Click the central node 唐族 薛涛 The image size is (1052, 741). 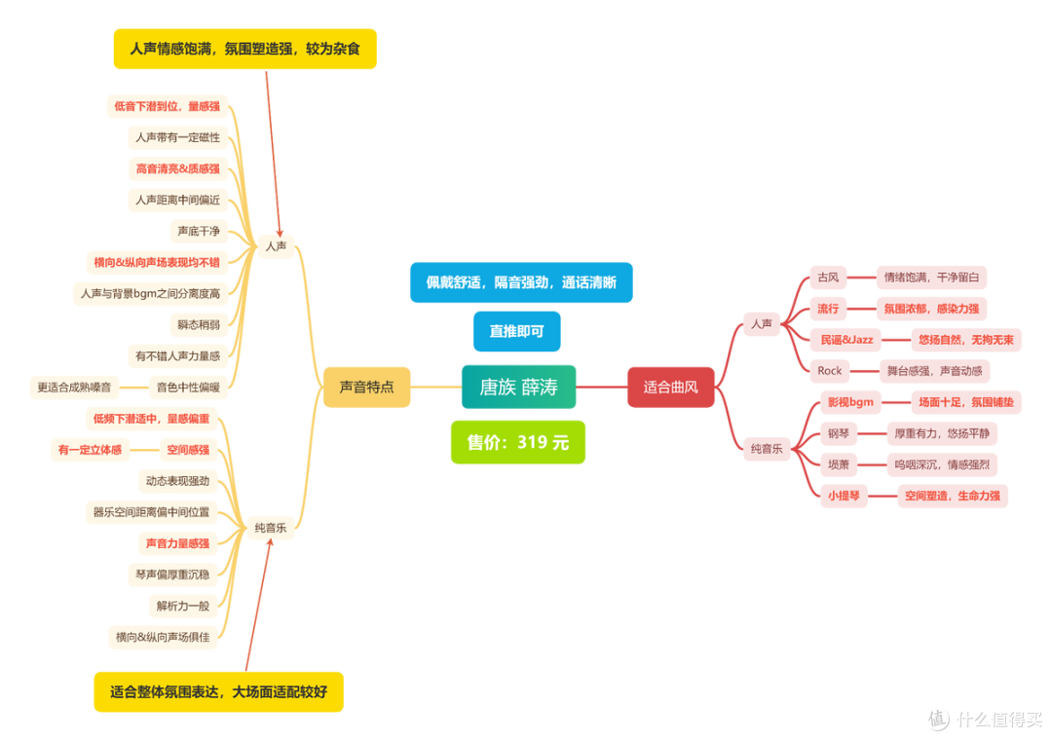518,387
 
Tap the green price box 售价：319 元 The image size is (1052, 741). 518,442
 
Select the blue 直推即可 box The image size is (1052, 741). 516,331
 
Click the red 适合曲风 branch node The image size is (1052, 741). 670,387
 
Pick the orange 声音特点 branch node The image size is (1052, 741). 366,387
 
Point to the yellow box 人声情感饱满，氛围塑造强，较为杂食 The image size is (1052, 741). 244,49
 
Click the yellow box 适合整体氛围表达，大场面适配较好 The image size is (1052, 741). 219,692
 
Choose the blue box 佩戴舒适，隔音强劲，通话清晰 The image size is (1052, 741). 521,282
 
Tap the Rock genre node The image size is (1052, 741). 829,371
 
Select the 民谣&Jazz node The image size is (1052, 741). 846,340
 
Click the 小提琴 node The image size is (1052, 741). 844,497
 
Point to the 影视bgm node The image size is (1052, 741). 850,402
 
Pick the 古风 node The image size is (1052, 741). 828,278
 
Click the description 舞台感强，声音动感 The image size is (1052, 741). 934,371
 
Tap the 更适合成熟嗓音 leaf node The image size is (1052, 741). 74,387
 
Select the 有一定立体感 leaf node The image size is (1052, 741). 90,449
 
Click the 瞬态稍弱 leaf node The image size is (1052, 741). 199,324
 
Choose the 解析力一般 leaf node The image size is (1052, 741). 182,606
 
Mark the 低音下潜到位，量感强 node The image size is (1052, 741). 168,106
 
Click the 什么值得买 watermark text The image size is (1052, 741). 999,720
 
